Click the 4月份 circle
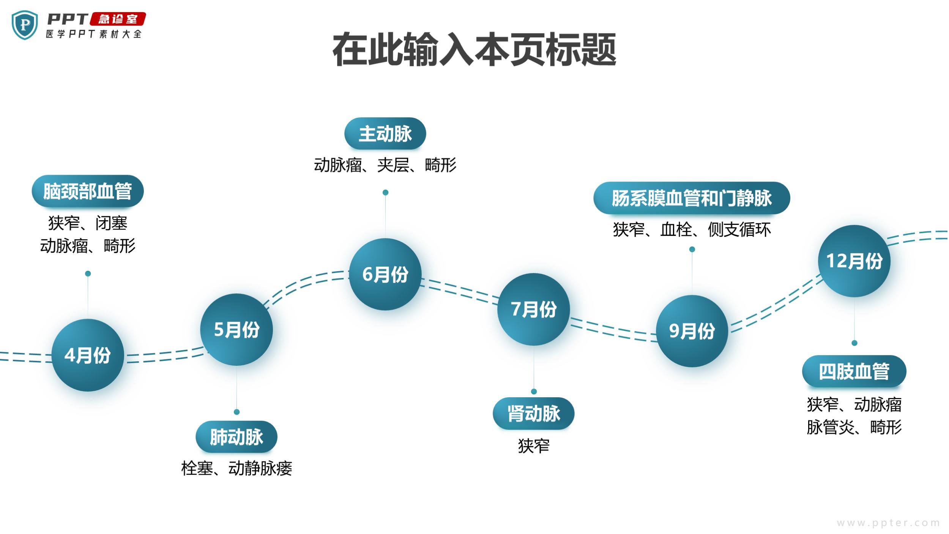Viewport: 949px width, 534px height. pyautogui.click(x=88, y=355)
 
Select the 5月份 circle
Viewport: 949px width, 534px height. pyautogui.click(x=236, y=329)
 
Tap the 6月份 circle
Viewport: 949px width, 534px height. pyautogui.click(x=385, y=274)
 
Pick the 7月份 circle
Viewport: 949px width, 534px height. pyautogui.click(x=534, y=309)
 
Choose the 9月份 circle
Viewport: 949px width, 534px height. pyautogui.click(x=692, y=331)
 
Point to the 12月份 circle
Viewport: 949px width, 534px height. pyautogui.click(x=854, y=261)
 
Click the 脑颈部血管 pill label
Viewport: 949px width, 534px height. pyautogui.click(x=88, y=191)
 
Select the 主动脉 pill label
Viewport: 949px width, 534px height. pyautogui.click(x=385, y=134)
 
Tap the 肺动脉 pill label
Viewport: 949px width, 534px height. pyautogui.click(x=236, y=437)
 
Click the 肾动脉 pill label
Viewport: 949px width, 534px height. pyautogui.click(x=534, y=414)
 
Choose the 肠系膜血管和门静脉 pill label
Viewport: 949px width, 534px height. pyautogui.click(x=692, y=198)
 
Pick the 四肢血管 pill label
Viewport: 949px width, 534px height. pyautogui.click(x=854, y=371)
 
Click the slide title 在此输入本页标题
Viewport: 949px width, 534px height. pyautogui.click(x=474, y=50)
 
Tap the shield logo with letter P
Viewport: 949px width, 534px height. pyautogui.click(x=25, y=25)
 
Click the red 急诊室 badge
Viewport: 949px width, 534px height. pyautogui.click(x=118, y=19)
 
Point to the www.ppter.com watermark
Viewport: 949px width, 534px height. pyautogui.click(x=888, y=523)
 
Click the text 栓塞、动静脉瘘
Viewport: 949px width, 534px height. pyautogui.click(x=236, y=468)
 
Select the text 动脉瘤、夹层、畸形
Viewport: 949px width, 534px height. pyautogui.click(x=385, y=165)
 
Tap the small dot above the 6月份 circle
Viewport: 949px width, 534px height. pyautogui.click(x=385, y=193)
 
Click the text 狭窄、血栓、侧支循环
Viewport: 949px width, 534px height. pyautogui.click(x=692, y=229)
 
